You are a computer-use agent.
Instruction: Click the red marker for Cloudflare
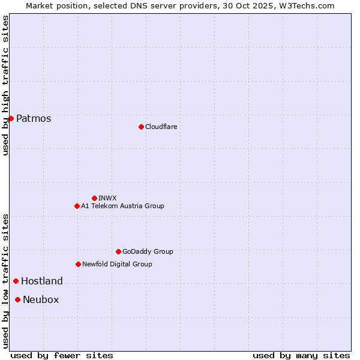point(141,127)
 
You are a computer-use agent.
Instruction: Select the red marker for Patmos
point(11,118)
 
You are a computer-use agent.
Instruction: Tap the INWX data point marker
point(94,198)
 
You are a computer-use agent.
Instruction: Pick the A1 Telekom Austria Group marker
point(77,206)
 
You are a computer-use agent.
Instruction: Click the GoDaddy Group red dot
point(118,251)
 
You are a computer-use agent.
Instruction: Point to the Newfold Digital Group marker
point(78,264)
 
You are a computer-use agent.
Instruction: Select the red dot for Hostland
point(16,281)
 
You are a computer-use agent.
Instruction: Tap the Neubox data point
point(17,299)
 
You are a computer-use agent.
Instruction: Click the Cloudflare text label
point(161,127)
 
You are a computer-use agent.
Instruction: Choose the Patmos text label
point(34,118)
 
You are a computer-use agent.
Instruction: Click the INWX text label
point(107,198)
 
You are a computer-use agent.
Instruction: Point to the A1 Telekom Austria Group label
point(122,206)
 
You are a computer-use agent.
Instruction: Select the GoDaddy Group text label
point(148,251)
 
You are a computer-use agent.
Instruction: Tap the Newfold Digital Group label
point(117,264)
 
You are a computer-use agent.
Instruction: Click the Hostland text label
point(42,281)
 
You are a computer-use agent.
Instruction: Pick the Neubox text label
point(41,299)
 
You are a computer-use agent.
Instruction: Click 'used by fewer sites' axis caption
point(62,355)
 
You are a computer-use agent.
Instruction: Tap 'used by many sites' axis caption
point(301,355)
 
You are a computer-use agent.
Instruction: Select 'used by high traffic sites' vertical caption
point(5,85)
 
